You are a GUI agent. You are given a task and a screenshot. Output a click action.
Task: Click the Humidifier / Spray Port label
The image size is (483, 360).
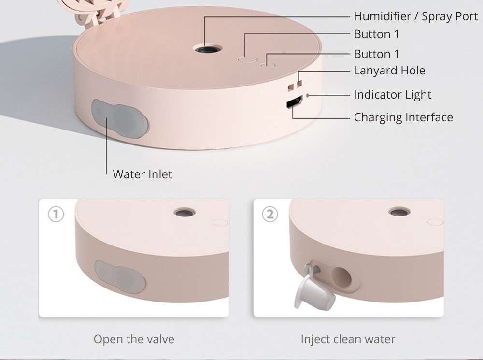pyautogui.click(x=415, y=16)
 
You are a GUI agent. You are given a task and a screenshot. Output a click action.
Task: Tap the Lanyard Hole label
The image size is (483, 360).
pyautogui.click(x=389, y=71)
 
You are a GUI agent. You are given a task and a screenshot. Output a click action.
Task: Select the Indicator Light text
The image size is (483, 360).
pyautogui.click(x=392, y=95)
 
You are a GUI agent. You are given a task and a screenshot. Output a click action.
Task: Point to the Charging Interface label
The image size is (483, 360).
pyautogui.click(x=403, y=117)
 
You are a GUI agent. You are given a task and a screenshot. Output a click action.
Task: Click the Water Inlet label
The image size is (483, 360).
pyautogui.click(x=142, y=174)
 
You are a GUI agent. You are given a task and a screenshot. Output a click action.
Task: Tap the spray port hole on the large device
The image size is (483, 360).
pyautogui.click(x=208, y=49)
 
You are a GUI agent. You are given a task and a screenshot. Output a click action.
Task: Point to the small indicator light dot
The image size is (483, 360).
pyautogui.click(x=307, y=96)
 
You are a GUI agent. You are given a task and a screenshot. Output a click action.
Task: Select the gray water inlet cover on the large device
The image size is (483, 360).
pyautogui.click(x=119, y=118)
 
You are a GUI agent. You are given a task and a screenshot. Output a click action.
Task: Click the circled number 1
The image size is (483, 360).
pyautogui.click(x=56, y=214)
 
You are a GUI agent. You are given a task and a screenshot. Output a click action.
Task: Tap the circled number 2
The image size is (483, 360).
pyautogui.click(x=270, y=214)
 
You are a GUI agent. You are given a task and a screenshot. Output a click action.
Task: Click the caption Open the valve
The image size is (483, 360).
pyautogui.click(x=134, y=339)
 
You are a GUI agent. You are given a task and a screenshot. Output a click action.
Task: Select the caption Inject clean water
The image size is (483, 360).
pyautogui.click(x=348, y=339)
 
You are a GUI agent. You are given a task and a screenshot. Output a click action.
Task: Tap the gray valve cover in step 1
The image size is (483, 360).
pyautogui.click(x=120, y=277)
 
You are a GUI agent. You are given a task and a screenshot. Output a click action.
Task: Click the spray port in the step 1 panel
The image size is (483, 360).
pyautogui.click(x=184, y=212)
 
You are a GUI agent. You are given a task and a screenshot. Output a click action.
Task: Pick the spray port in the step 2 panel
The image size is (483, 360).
pyautogui.click(x=399, y=212)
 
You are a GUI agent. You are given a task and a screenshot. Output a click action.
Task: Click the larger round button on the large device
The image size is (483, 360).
pyautogui.click(x=247, y=59)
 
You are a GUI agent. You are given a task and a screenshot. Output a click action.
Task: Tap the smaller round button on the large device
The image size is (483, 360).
pyautogui.click(x=268, y=65)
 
